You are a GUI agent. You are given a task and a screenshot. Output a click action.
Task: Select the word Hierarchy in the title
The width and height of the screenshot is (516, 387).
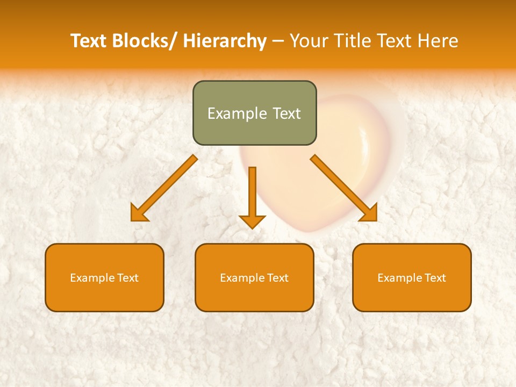click(x=225, y=41)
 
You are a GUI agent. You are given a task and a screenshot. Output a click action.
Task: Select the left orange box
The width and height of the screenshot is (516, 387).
click(x=104, y=277)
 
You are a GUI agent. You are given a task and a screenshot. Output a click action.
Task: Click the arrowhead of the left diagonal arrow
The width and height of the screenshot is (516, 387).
click(x=138, y=214)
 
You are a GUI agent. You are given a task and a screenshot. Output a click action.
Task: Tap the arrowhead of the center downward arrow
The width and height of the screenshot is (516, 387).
click(x=252, y=221)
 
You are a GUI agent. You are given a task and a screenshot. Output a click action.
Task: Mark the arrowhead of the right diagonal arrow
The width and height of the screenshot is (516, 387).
click(x=370, y=214)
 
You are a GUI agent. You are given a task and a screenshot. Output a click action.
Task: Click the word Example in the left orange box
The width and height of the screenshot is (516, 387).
click(x=92, y=278)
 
